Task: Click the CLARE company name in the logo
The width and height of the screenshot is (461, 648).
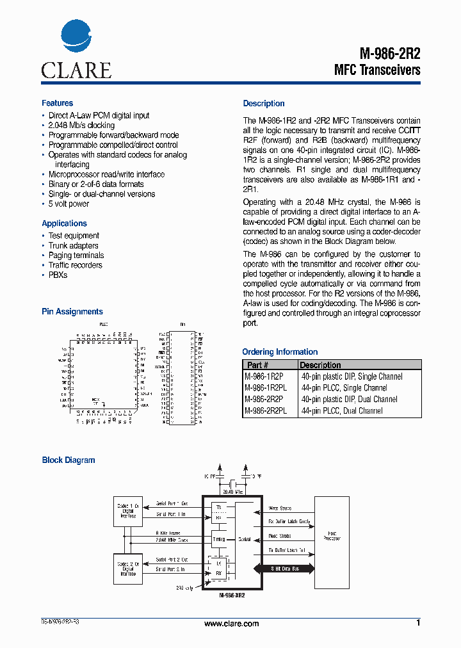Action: click(76, 70)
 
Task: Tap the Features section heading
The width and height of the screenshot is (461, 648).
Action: click(57, 103)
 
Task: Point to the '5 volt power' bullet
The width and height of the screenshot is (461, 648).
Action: click(69, 204)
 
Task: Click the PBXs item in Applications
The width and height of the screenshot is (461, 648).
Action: click(58, 275)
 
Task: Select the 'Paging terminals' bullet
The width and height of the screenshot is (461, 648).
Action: click(76, 255)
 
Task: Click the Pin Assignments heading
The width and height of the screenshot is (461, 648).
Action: click(72, 312)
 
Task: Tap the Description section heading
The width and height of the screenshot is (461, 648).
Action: click(263, 104)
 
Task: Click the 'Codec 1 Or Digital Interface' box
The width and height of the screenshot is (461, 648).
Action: click(127, 510)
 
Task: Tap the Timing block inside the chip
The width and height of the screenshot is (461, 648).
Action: click(219, 540)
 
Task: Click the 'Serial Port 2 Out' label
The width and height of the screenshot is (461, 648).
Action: click(172, 560)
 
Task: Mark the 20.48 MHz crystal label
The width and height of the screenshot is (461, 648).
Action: click(231, 492)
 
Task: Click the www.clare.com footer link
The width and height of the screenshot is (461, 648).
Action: click(231, 624)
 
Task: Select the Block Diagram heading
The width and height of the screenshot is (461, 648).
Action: click(68, 460)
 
